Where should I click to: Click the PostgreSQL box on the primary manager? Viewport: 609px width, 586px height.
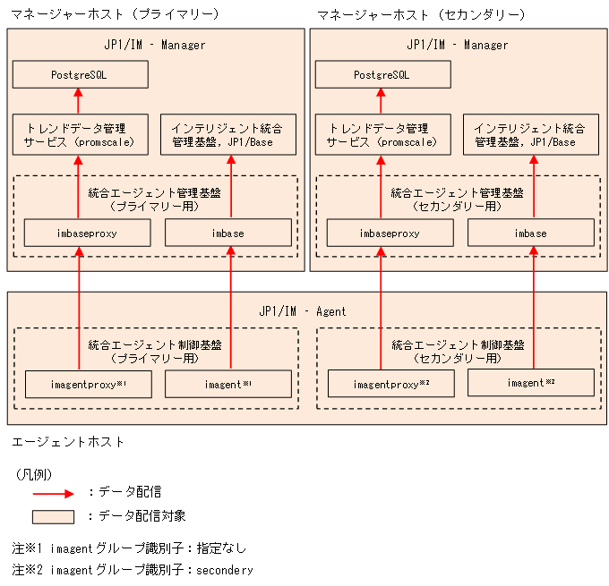[80, 75]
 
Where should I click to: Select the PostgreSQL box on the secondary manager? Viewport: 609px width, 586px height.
[382, 75]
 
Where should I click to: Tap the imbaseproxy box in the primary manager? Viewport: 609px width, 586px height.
[80, 233]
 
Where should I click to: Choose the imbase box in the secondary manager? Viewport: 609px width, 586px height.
[531, 233]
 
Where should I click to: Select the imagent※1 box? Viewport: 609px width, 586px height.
[228, 384]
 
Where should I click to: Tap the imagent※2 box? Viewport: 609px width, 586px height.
[531, 383]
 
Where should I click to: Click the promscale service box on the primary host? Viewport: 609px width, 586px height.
[80, 134]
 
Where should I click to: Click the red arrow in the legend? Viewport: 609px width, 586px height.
[53, 492]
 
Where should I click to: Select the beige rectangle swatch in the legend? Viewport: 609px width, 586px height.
[53, 516]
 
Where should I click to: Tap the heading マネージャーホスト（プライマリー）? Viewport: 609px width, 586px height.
[114, 14]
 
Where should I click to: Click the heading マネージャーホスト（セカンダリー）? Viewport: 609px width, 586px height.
[421, 14]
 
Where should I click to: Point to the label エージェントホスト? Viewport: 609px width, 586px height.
[68, 441]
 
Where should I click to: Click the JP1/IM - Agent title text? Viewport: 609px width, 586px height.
[302, 311]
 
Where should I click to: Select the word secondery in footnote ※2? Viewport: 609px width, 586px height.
[224, 570]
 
